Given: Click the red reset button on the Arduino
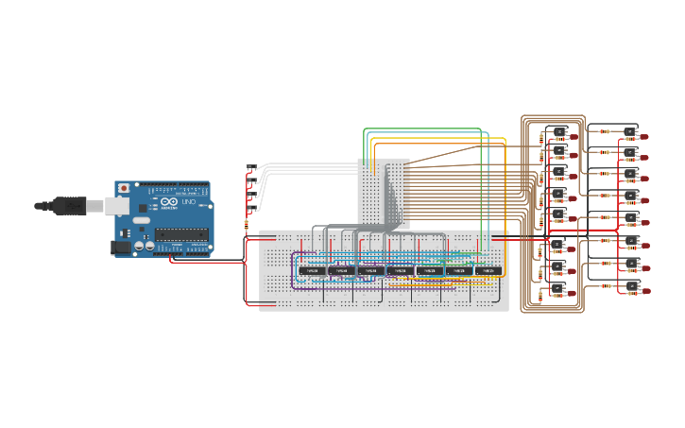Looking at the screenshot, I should pos(123,189).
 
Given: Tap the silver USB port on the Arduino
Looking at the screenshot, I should pos(122,205).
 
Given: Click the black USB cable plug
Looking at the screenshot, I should pos(72,205).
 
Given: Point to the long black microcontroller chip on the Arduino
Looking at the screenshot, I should pos(180,233).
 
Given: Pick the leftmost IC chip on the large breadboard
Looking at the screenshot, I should pos(311,271).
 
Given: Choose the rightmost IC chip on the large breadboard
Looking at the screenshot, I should pos(487,271).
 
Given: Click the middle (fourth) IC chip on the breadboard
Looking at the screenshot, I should pos(399,271).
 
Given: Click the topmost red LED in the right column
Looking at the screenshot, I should pos(644,137).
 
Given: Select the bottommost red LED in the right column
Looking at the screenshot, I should pos(644,292).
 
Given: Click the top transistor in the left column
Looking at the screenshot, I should pos(560,131).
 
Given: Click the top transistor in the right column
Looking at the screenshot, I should pos(630,130).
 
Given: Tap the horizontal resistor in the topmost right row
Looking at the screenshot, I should pos(605,131).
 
